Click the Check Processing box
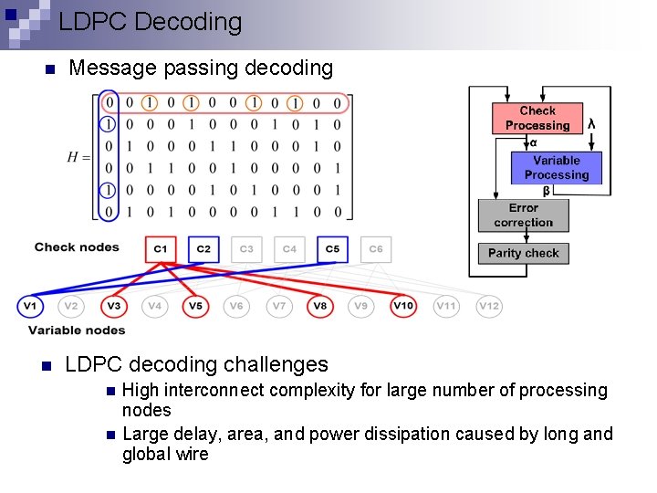point(537,119)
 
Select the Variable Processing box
point(557,168)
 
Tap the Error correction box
point(524,215)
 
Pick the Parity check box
point(524,253)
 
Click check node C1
point(161,248)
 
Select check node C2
point(203,248)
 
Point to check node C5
point(332,248)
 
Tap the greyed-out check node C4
point(289,248)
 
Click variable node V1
point(30,306)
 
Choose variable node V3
point(113,306)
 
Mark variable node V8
point(320,306)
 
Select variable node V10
point(403,306)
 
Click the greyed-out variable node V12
point(488,306)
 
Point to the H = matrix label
point(78,157)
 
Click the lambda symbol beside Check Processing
point(592,123)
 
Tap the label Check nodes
point(77,247)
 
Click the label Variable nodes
point(77,330)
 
